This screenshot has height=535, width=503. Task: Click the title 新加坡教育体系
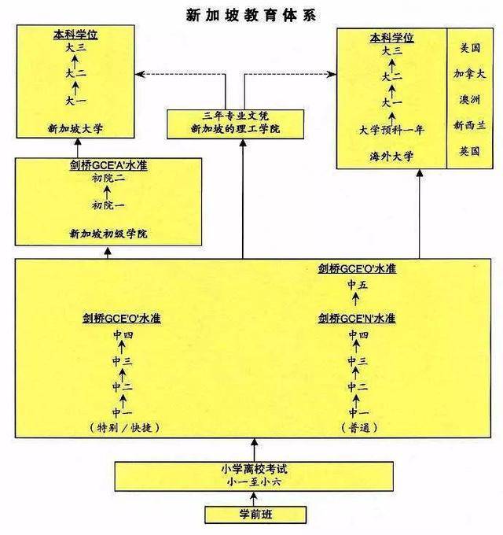[251, 13]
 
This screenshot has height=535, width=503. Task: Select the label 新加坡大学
[75, 127]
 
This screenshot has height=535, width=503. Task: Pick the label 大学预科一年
[391, 131]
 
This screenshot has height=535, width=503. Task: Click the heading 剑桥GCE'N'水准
[357, 319]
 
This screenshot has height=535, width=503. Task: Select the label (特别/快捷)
[125, 427]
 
